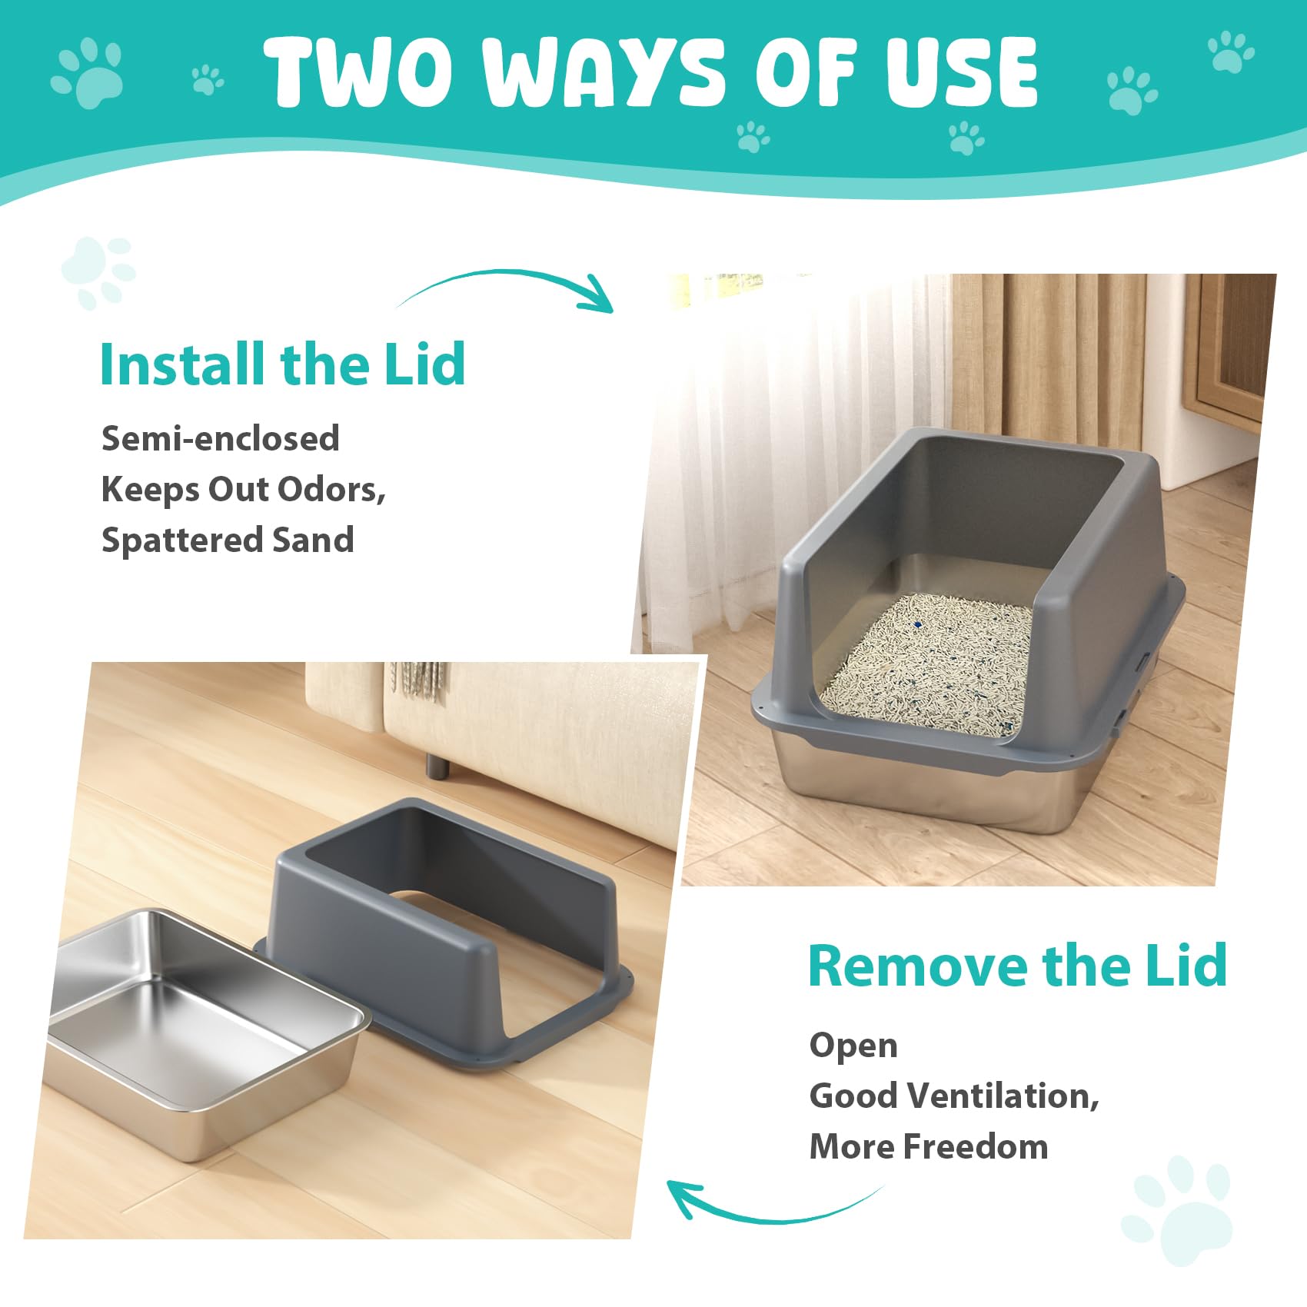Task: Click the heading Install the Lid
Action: pyautogui.click(x=283, y=364)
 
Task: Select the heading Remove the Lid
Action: pyautogui.click(x=1017, y=965)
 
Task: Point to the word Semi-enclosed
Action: pyautogui.click(x=221, y=438)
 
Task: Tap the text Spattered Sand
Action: pyautogui.click(x=228, y=540)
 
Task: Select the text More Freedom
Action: pyautogui.click(x=929, y=1146)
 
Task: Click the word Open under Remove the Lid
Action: pyautogui.click(x=853, y=1046)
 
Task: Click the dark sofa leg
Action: pyautogui.click(x=438, y=765)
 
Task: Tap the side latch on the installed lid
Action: pyautogui.click(x=1143, y=661)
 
